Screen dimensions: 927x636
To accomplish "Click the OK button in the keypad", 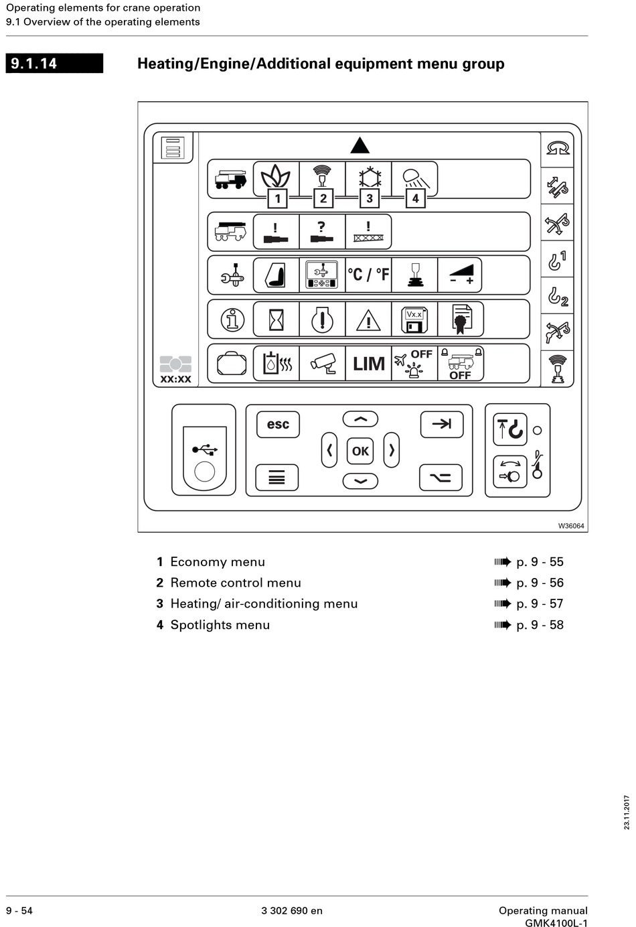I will point(360,451).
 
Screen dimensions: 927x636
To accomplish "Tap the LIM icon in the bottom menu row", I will point(368,364).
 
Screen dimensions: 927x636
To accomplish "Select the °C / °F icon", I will point(368,275).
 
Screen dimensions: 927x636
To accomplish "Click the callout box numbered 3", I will point(369,198).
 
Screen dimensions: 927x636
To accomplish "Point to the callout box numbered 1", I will point(277,198).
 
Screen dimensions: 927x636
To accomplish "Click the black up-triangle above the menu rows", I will point(360,145).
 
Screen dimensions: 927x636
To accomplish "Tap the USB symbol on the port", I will point(204,449).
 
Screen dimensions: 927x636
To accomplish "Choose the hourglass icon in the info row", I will point(276,319).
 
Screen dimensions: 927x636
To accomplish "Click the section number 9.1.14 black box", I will point(54,64).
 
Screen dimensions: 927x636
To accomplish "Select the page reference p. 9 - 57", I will point(540,603).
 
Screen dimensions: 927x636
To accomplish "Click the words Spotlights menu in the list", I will point(220,625).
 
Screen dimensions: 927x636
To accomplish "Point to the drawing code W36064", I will point(571,526).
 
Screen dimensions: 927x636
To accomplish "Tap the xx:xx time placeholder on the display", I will point(175,379).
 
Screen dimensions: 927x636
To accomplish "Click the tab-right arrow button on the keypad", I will point(441,424).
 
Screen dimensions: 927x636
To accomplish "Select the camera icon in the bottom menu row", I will point(323,364).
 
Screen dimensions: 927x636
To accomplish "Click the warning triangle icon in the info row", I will point(368,321).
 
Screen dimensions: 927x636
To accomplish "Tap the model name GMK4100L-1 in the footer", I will point(556,923).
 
